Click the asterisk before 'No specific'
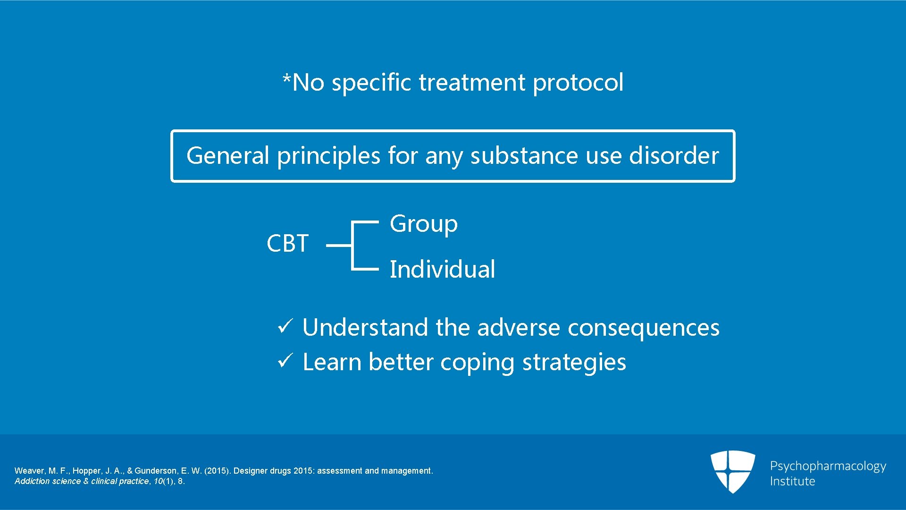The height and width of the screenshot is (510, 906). click(x=286, y=78)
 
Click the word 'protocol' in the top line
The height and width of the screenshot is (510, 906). click(x=578, y=83)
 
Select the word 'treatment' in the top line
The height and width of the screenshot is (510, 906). click(x=472, y=83)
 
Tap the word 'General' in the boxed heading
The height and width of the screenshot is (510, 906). click(x=227, y=156)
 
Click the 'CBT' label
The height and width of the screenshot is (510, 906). click(x=287, y=244)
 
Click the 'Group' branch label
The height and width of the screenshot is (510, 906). click(x=423, y=224)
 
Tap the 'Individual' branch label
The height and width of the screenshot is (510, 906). click(x=442, y=270)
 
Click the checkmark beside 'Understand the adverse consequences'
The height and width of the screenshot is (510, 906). click(x=285, y=326)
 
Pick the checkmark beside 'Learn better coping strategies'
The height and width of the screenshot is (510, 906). click(x=285, y=360)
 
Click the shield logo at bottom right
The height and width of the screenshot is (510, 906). click(x=732, y=471)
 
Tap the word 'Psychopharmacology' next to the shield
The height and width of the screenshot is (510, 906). click(x=828, y=467)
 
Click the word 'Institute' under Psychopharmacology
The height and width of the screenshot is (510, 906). click(x=792, y=481)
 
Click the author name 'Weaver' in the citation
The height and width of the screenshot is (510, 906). click(x=29, y=471)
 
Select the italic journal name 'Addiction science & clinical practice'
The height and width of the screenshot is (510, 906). click(x=82, y=481)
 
